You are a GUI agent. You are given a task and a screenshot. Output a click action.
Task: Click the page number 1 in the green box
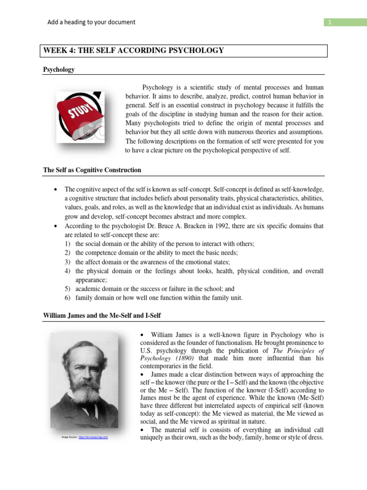(x=329, y=22)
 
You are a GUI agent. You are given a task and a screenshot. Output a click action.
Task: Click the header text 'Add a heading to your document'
(x=91, y=22)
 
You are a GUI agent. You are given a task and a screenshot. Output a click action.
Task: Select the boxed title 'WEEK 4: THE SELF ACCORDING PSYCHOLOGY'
(x=134, y=51)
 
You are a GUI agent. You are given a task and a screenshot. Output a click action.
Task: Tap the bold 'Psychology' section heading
(x=59, y=69)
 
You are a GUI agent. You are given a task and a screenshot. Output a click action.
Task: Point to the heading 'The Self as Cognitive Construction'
(x=92, y=170)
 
